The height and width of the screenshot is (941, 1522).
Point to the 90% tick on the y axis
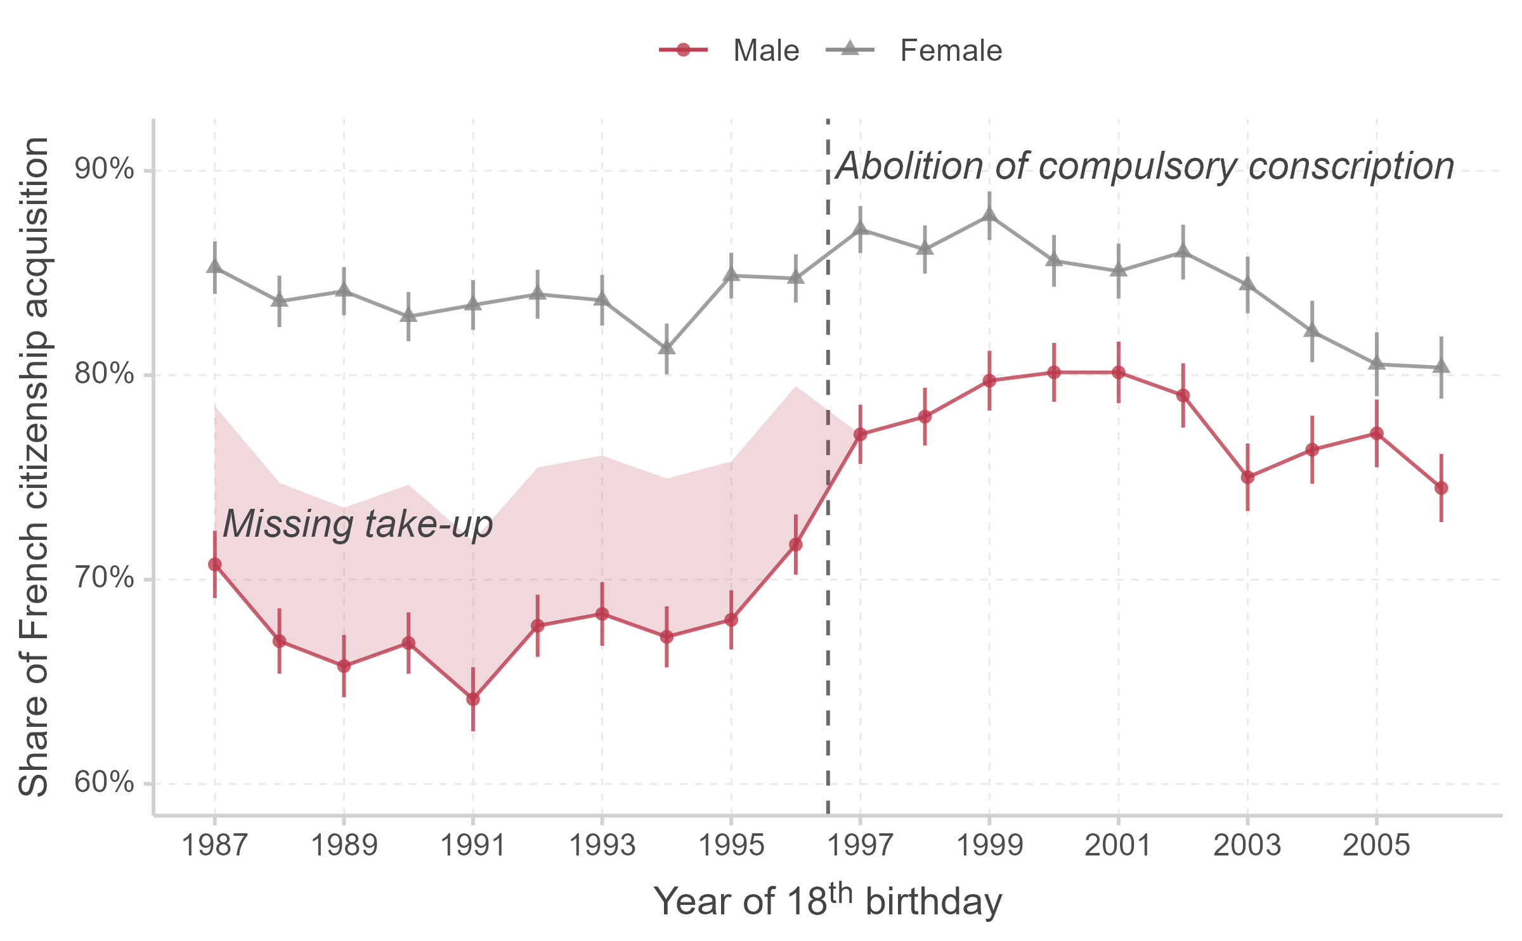pos(105,170)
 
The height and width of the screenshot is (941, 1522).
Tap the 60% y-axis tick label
pos(105,783)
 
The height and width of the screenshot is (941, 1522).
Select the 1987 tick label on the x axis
pos(214,845)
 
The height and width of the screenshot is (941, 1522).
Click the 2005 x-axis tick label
pos(1376,845)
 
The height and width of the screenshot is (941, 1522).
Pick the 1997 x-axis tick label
pos(860,845)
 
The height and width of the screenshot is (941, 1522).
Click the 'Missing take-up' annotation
pos(358,524)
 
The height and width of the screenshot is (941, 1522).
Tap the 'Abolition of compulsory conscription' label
pos(1145,166)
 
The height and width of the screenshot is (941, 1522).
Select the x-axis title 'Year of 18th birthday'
pos(828,900)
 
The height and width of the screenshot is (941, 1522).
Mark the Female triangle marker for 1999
pos(989,216)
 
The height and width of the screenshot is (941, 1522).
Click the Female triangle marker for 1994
pos(667,349)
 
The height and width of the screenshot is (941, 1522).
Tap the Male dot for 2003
pos(1247,477)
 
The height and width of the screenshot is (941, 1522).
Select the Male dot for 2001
pos(1119,373)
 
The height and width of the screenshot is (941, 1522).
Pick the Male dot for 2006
pos(1441,488)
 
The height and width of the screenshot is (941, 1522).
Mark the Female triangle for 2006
pos(1441,367)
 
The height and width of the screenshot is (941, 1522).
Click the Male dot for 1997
pos(860,435)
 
